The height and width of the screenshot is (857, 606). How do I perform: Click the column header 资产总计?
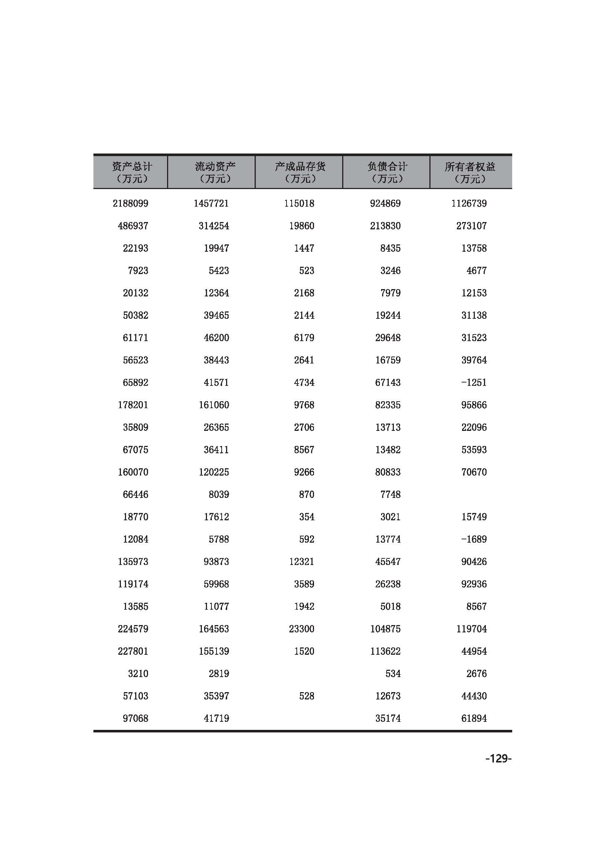point(132,172)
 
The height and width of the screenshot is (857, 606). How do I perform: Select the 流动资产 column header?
point(215,172)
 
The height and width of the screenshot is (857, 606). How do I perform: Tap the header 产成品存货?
point(300,172)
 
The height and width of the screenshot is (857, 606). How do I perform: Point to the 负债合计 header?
point(387,172)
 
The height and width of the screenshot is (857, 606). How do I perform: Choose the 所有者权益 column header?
point(470,172)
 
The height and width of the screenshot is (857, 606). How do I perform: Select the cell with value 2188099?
point(130,203)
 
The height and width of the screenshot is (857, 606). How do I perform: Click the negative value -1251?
point(473,383)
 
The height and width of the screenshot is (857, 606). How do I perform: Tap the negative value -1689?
point(473,539)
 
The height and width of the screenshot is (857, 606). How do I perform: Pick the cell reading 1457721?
point(211,203)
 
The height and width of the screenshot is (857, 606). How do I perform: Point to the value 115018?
point(299,203)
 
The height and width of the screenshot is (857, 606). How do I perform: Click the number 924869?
point(385,203)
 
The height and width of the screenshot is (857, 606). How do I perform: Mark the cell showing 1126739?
point(469,203)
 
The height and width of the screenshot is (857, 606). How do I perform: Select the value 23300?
point(302,629)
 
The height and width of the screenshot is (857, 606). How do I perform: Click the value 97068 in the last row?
point(136,719)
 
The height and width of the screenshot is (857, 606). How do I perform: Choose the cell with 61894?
point(474,719)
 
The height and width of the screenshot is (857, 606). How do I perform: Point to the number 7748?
point(390,495)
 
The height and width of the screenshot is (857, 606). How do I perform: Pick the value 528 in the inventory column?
point(306,696)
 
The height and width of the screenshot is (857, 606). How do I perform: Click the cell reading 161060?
point(214,405)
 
